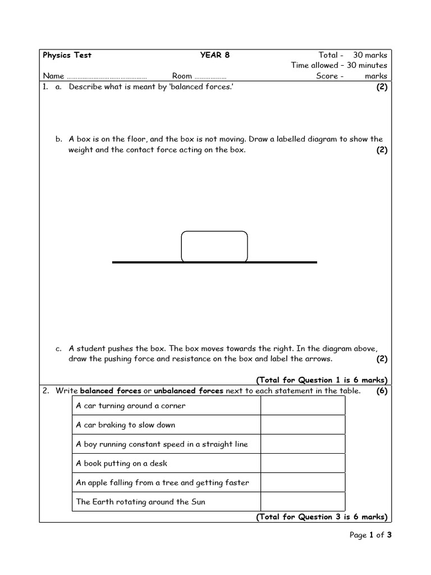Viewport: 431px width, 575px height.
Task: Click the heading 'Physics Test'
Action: [x=67, y=55]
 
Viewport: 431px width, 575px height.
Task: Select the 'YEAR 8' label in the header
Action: [x=215, y=55]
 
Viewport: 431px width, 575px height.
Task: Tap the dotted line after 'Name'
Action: [x=107, y=76]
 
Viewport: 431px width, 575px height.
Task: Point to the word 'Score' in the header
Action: [x=327, y=76]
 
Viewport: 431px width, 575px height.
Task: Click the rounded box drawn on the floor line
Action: [x=214, y=247]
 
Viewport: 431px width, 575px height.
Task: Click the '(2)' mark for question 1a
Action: [x=382, y=87]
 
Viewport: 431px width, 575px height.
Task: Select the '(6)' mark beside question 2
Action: [x=382, y=391]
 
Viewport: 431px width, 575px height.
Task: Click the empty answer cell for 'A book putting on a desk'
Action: [x=302, y=463]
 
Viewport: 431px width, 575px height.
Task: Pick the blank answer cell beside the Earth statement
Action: [x=302, y=501]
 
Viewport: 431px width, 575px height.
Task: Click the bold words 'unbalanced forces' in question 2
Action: [x=189, y=391]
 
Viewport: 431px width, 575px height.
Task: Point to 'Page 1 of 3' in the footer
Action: [x=370, y=535]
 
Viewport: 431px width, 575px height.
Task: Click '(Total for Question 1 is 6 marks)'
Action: [x=322, y=380]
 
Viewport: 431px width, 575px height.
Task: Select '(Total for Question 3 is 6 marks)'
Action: [x=322, y=517]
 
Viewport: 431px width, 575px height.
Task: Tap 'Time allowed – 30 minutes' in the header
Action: [x=339, y=65]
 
